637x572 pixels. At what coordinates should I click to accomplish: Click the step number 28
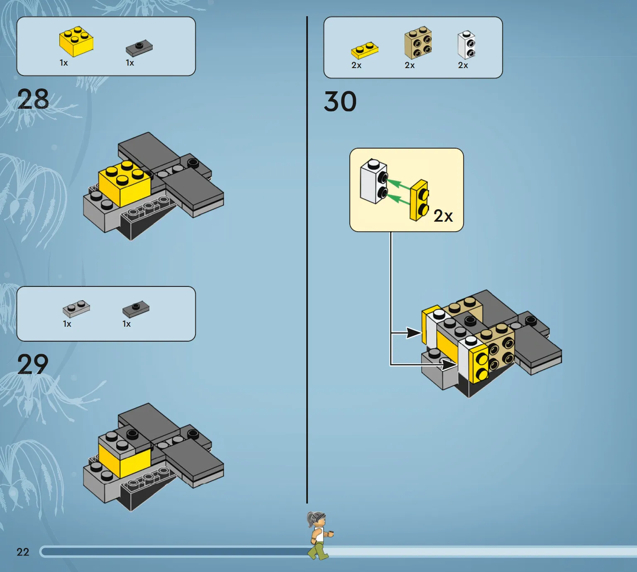point(33,99)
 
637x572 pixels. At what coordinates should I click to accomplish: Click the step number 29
point(33,364)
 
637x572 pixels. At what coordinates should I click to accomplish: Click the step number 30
point(340,102)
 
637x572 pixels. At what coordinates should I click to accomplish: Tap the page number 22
point(23,552)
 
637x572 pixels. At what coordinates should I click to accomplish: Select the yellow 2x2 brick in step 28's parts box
point(76,42)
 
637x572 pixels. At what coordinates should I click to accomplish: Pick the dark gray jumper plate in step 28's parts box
point(139,48)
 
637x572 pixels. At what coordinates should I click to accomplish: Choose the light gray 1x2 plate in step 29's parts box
point(76,308)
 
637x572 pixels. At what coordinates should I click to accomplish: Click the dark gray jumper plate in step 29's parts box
point(136,309)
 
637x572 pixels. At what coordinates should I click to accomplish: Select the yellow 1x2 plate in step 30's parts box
point(365,50)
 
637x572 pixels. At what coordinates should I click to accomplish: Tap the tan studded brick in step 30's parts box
point(418,42)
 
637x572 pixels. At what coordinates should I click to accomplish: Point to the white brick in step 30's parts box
point(466,45)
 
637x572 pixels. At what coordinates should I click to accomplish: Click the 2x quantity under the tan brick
point(410,66)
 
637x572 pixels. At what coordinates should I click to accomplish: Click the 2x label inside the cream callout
point(443,216)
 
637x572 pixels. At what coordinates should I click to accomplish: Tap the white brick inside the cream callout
point(373,181)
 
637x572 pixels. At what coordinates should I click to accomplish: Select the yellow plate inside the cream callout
point(420,200)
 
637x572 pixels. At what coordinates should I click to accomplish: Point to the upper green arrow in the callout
point(398,183)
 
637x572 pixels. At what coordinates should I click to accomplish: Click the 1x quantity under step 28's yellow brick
point(64,63)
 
